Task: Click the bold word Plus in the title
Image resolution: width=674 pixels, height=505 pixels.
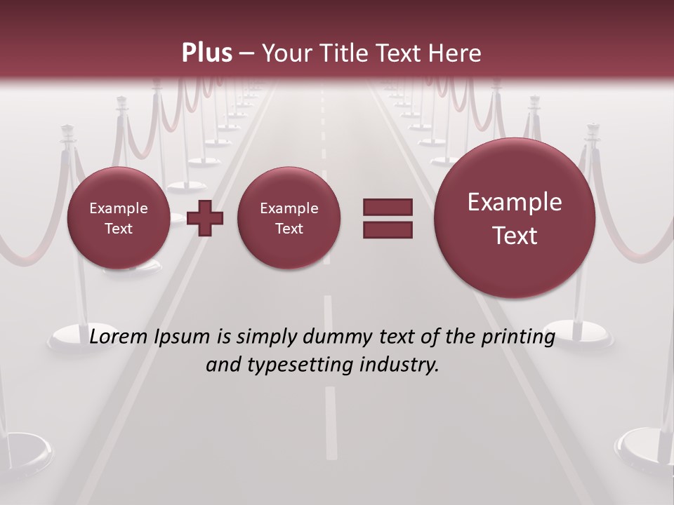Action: pos(206,53)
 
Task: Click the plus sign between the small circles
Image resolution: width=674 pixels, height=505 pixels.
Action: pos(206,218)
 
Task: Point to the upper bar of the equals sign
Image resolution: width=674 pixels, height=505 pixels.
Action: pos(388,208)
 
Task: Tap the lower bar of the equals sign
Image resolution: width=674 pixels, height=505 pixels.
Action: pos(388,230)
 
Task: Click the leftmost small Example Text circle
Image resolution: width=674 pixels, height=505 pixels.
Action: pos(118,218)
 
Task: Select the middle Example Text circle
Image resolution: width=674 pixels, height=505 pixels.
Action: pos(289,218)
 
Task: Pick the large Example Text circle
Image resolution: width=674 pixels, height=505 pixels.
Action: pos(515,218)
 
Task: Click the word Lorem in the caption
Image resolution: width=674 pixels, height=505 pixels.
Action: pos(120,337)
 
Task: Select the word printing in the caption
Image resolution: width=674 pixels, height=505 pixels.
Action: pos(520,337)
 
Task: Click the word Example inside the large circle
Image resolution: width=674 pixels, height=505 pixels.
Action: pos(515,202)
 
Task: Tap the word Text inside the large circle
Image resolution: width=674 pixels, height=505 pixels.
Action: pos(515,236)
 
